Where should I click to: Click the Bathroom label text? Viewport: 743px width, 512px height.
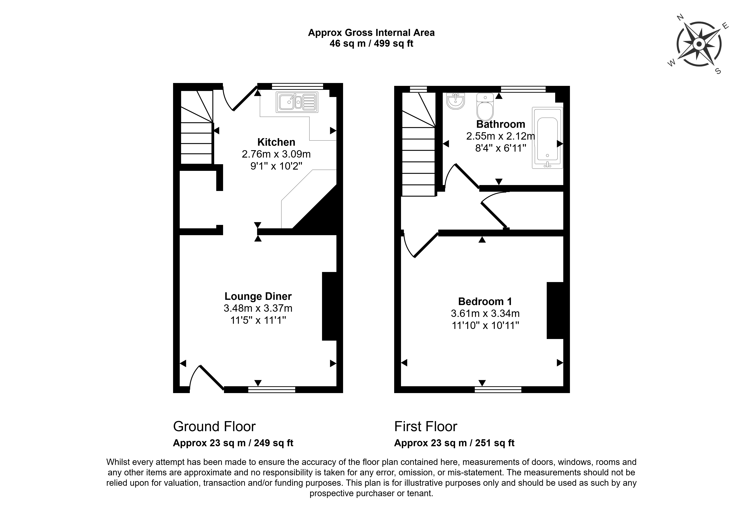point(500,124)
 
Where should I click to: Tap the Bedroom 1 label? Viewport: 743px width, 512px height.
point(485,302)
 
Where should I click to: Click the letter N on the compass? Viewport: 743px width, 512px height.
point(680,26)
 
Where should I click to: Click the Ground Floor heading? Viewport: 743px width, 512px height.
point(214,427)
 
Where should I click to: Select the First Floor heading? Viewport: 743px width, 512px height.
point(426,427)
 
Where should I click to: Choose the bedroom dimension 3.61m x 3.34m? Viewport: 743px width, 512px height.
point(485,313)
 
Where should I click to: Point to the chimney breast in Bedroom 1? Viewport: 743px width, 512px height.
point(555,311)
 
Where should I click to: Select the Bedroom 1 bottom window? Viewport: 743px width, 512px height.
point(498,389)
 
